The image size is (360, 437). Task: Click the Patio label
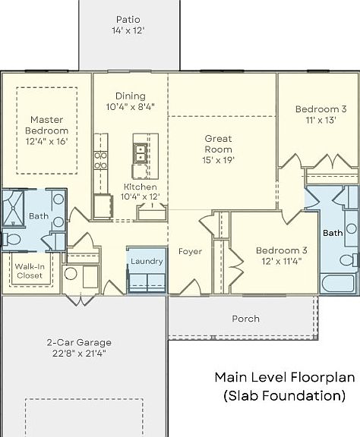(128, 20)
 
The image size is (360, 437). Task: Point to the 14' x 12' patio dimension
(128, 30)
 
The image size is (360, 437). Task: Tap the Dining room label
(131, 96)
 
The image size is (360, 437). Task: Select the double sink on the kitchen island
(141, 153)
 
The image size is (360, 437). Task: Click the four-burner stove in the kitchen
(100, 160)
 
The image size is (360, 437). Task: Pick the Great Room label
(218, 144)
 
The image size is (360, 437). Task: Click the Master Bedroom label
(46, 125)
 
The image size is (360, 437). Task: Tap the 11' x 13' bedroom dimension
(321, 120)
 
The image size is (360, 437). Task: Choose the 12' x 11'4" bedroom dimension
(282, 262)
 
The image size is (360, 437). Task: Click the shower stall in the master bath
(13, 208)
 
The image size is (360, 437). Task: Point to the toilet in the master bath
(11, 240)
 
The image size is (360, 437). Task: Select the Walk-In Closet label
(30, 271)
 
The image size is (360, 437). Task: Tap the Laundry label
(147, 262)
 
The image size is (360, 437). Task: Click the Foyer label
(190, 251)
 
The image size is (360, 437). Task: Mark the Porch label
(245, 319)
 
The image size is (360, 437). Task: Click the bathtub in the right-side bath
(339, 284)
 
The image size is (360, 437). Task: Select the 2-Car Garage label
(79, 342)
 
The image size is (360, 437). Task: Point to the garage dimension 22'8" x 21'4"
(79, 354)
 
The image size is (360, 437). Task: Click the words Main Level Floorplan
(285, 378)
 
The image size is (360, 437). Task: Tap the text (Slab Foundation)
(284, 396)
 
